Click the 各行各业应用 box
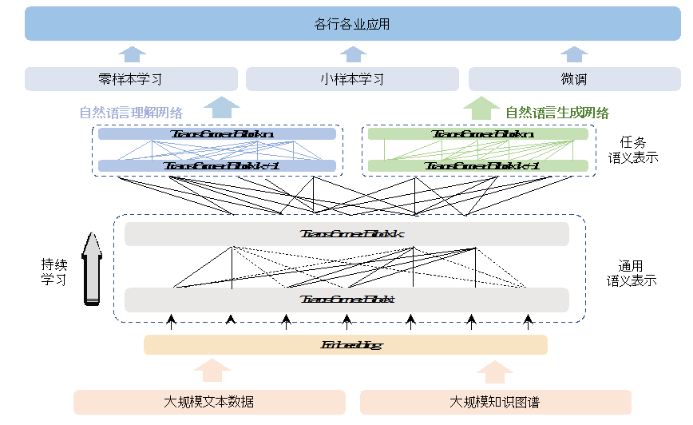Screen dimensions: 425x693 pyautogui.click(x=352, y=25)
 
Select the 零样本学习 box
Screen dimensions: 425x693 pyautogui.click(x=132, y=79)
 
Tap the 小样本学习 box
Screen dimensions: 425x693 pyautogui.click(x=352, y=79)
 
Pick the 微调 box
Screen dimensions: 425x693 pyautogui.click(x=574, y=79)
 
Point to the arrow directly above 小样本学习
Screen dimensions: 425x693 pyautogui.click(x=353, y=54)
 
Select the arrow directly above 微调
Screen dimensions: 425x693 pyautogui.click(x=573, y=54)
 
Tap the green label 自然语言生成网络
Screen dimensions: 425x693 pyautogui.click(x=557, y=113)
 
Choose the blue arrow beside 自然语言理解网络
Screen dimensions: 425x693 pyautogui.click(x=221, y=108)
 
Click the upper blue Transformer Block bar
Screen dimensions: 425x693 pyautogui.click(x=217, y=134)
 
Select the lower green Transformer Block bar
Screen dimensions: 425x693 pyautogui.click(x=478, y=166)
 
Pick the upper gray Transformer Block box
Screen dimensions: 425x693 pyautogui.click(x=346, y=234)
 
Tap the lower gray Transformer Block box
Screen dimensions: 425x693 pyautogui.click(x=346, y=300)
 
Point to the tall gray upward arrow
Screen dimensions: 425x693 pyautogui.click(x=93, y=267)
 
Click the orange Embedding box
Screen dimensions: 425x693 pyautogui.click(x=346, y=345)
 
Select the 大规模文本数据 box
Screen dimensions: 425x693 pyautogui.click(x=209, y=402)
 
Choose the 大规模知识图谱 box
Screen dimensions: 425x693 pyautogui.click(x=495, y=402)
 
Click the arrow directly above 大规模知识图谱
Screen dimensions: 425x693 pyautogui.click(x=495, y=371)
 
